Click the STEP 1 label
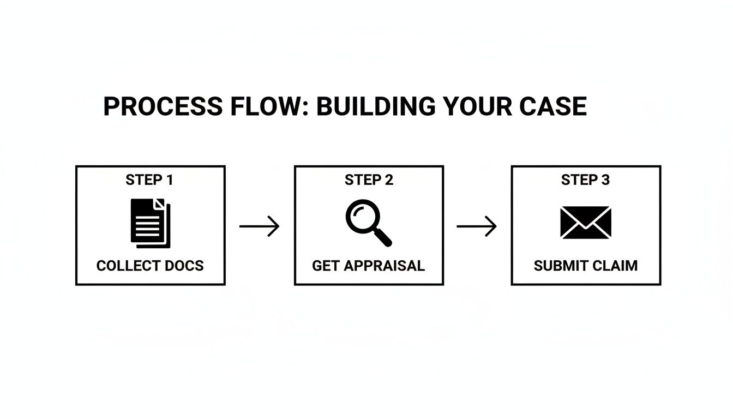(x=149, y=180)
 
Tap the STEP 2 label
(x=369, y=180)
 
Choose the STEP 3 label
(x=585, y=180)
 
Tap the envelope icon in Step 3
(x=586, y=223)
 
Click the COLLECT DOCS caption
(x=150, y=266)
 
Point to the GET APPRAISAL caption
(x=368, y=266)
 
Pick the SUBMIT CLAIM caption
(x=586, y=266)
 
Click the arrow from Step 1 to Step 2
(x=260, y=226)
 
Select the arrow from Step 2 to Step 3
(x=477, y=226)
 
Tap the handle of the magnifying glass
(x=383, y=237)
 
